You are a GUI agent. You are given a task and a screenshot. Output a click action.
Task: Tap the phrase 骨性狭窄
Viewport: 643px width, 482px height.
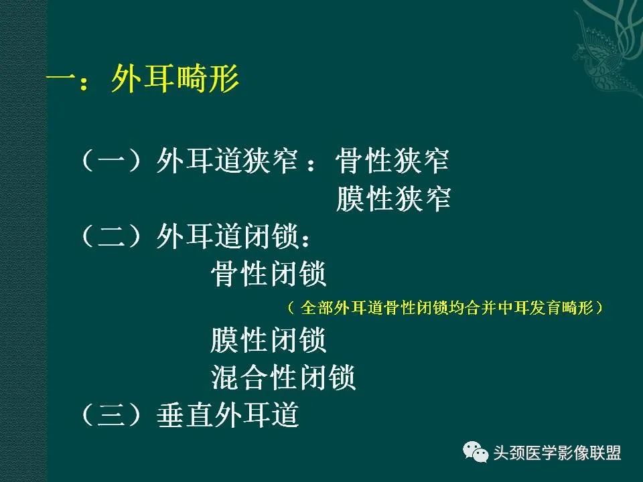click(393, 161)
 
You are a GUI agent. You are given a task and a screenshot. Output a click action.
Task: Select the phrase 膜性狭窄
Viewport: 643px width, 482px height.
click(393, 199)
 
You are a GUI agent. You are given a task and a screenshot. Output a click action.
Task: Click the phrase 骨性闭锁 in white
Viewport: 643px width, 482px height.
click(269, 274)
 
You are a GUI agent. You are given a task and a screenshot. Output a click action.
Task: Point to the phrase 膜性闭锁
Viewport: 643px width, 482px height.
click(269, 340)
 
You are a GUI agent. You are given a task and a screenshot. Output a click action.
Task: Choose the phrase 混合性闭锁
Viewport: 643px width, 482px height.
click(283, 378)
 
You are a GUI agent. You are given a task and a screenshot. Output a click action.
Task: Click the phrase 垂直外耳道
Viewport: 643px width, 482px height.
click(227, 416)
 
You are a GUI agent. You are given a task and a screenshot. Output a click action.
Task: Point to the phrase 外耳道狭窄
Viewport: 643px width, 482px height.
click(227, 161)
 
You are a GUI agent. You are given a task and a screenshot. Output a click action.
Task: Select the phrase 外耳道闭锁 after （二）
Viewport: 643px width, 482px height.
click(227, 236)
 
